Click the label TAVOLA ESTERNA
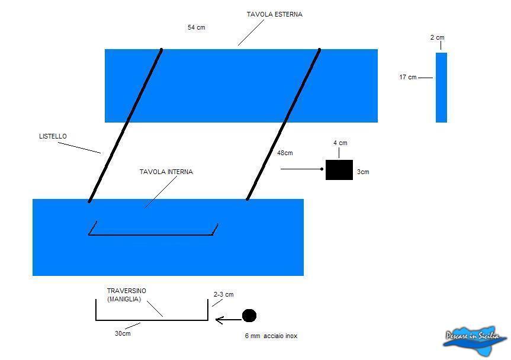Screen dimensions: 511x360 pos(274,14)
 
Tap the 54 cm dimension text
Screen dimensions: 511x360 pos(196,27)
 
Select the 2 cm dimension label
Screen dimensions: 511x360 pos(437,37)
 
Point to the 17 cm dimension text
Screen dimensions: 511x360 pos(408,77)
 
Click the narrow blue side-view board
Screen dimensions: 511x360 pos(441,88)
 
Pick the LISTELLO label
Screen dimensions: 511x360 pos(53,136)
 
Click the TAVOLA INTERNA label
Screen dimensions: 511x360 pos(166,172)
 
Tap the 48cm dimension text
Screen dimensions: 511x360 pos(285,153)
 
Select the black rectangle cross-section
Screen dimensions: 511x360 pos(339,170)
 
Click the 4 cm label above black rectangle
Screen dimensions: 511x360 pos(340,143)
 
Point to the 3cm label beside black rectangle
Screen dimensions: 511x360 pos(363,172)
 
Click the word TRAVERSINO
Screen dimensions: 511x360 pos(127,291)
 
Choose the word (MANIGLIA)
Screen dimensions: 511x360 pos(124,299)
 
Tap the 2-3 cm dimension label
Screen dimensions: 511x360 pos(224,294)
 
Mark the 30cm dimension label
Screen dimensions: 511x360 pos(123,333)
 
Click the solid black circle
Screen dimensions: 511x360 pos(249,316)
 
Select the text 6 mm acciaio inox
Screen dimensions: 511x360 pos(271,336)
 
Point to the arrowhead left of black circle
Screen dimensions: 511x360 pos(219,320)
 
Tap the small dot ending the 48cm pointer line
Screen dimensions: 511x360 pos(322,169)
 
